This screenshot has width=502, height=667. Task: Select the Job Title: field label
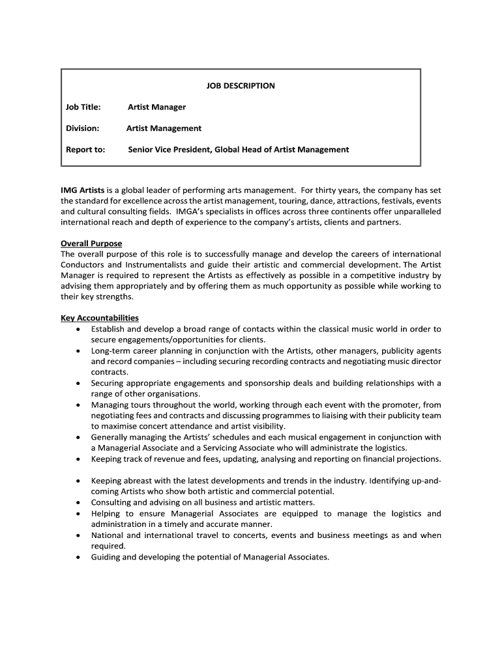point(83,107)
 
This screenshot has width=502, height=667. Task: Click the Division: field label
point(82,128)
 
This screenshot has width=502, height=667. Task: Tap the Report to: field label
point(85,150)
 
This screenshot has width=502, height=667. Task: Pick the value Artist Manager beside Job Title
point(156,107)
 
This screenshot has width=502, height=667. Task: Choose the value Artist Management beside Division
point(164,128)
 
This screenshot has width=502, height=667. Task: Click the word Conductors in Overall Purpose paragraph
point(81,265)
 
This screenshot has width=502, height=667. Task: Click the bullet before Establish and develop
point(78,330)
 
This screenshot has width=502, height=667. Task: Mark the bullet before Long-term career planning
point(78,351)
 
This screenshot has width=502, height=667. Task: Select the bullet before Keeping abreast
point(78,481)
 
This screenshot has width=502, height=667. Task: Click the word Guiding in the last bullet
point(107,557)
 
